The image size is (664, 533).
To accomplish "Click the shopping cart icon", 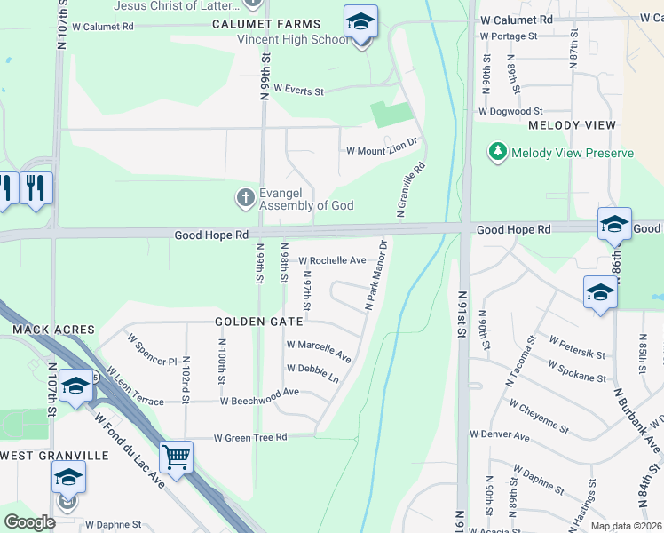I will (176, 457).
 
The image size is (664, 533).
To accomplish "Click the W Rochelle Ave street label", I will (332, 260).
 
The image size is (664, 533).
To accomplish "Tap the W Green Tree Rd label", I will (250, 437).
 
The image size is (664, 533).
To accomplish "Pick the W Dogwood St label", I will (508, 112).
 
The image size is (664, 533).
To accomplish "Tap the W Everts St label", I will (298, 90).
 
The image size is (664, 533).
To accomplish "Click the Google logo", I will (29, 522).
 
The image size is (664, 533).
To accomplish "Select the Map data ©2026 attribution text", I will (626, 526).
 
